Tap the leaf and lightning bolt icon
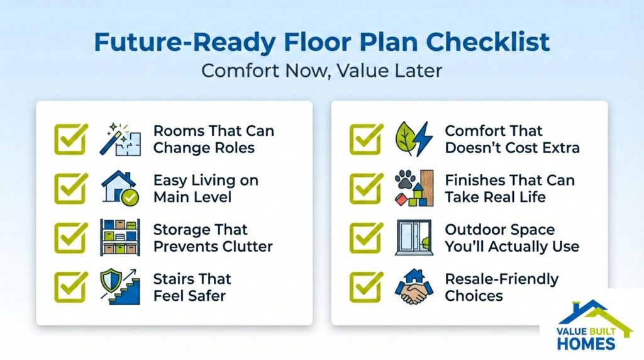(414, 139)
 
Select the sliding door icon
(413, 237)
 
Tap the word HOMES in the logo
(586, 343)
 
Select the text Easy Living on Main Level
(206, 188)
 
